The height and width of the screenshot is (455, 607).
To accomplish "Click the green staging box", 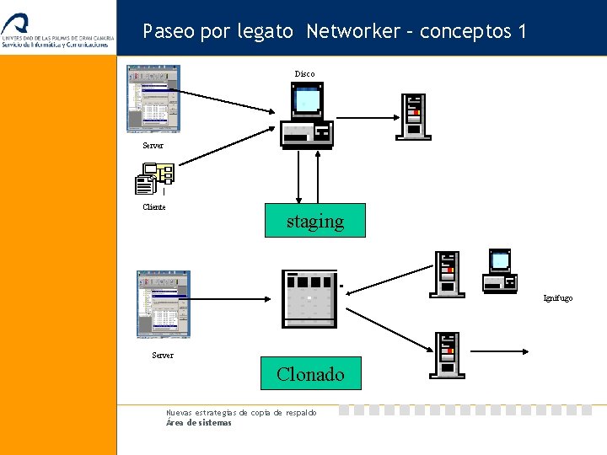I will (x=315, y=221).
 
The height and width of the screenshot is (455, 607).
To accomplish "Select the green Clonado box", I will (x=310, y=373).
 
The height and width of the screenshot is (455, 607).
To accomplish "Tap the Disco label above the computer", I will (x=304, y=74).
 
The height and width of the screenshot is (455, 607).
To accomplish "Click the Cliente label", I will (x=154, y=207).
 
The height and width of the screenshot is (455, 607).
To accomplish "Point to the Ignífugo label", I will (x=557, y=298).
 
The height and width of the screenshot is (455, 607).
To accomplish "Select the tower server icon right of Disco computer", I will (x=415, y=116).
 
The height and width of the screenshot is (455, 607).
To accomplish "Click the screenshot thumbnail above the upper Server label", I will (x=153, y=99).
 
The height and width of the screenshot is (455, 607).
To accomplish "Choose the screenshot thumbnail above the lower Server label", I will (x=164, y=304).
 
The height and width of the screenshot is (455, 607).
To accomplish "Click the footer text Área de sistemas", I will (x=199, y=423).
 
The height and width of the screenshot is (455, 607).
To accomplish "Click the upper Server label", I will (x=153, y=146).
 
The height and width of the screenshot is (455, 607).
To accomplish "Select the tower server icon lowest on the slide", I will (x=447, y=355).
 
